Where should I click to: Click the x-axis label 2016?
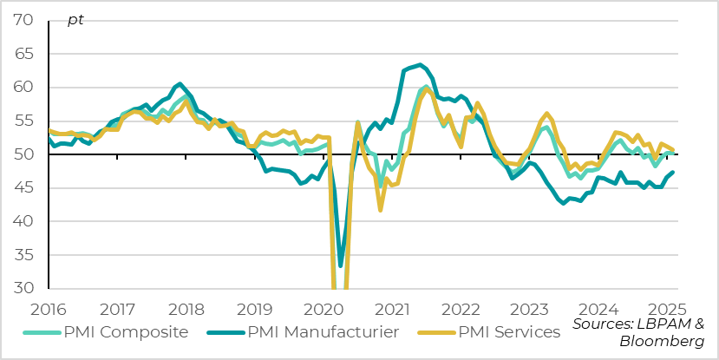click(x=49, y=309)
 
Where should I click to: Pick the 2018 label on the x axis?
click(x=186, y=309)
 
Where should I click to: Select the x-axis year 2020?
click(x=324, y=309)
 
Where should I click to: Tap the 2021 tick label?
click(x=392, y=309)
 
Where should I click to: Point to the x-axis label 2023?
click(x=529, y=309)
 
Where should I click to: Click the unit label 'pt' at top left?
click(x=75, y=20)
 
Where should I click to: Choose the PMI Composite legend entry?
click(x=126, y=331)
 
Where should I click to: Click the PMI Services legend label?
click(x=509, y=331)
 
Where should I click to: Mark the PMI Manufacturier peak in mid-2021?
click(x=420, y=64)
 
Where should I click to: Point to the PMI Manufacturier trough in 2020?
click(x=341, y=265)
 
